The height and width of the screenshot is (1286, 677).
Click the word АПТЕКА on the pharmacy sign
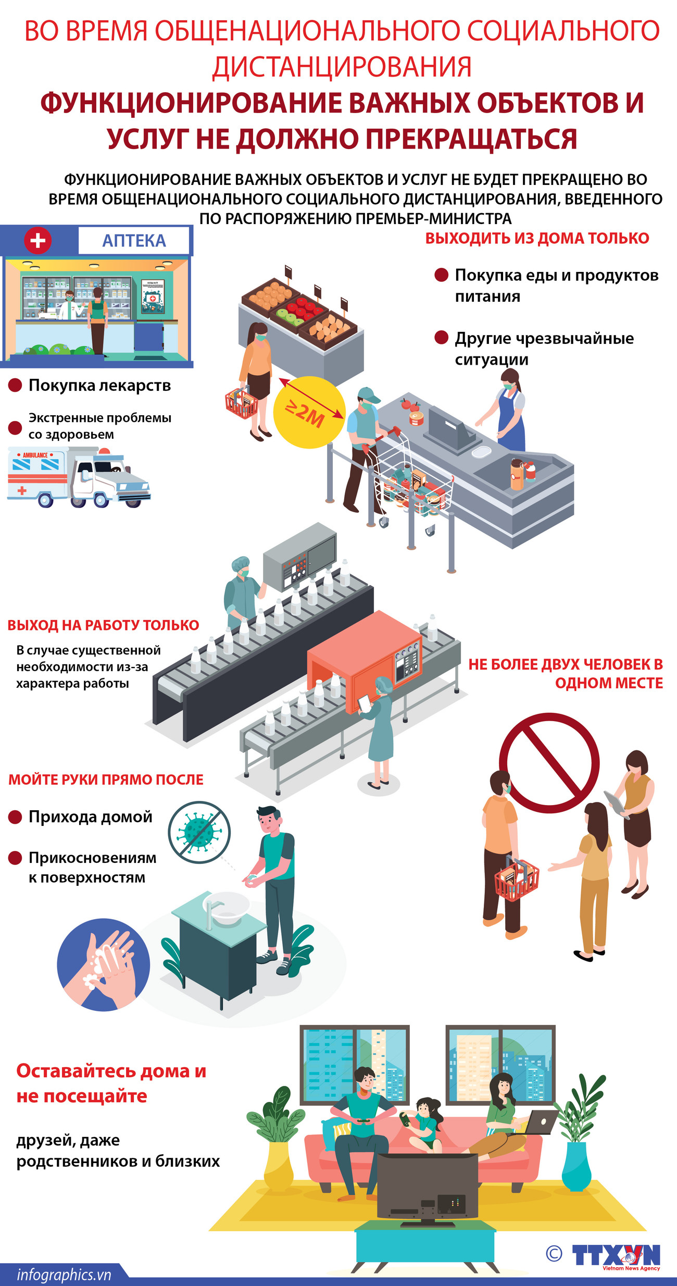tap(134, 240)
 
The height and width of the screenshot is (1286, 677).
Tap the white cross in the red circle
tap(37, 240)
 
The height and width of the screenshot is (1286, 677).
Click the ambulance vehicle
tap(78, 477)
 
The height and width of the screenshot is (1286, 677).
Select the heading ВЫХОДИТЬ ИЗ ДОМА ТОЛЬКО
tap(537, 238)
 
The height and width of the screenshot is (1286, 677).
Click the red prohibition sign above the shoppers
tap(549, 763)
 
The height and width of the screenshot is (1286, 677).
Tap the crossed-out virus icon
tap(199, 832)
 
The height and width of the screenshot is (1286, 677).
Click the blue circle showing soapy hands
tap(103, 964)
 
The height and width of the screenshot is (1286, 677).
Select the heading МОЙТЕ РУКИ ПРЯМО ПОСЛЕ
tap(106, 780)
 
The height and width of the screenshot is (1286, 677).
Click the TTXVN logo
tap(616, 1255)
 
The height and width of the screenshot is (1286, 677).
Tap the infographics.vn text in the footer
tap(64, 1275)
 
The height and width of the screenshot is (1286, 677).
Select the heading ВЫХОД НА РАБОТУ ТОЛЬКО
tap(103, 625)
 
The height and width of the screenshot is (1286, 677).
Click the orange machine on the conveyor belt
tap(365, 654)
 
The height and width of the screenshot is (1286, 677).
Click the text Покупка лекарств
tap(99, 385)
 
